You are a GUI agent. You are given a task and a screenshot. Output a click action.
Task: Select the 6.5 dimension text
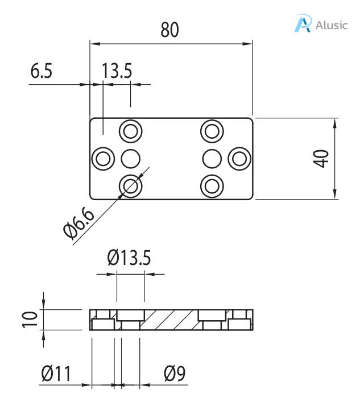(x=41, y=72)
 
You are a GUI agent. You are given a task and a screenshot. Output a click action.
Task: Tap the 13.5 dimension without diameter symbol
(x=117, y=72)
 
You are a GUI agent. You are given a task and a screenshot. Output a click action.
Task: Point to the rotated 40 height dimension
(x=322, y=159)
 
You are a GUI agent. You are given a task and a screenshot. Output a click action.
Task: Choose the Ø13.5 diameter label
(x=130, y=258)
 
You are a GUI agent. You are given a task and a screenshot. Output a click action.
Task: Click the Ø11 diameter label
(x=56, y=374)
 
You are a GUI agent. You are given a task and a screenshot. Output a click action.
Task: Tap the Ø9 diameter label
(x=175, y=374)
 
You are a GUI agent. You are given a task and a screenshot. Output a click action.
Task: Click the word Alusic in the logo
(x=332, y=26)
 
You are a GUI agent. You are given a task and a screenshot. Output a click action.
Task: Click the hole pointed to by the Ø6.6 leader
(x=131, y=185)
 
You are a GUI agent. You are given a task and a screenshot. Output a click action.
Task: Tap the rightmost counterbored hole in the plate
(x=239, y=158)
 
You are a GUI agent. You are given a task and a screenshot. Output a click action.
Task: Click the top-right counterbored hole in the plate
(x=212, y=131)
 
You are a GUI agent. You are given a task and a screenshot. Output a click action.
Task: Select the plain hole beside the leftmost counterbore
(x=131, y=158)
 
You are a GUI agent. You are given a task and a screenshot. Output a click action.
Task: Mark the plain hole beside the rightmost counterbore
(x=212, y=158)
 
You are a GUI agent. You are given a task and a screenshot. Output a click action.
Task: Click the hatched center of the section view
(x=171, y=320)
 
